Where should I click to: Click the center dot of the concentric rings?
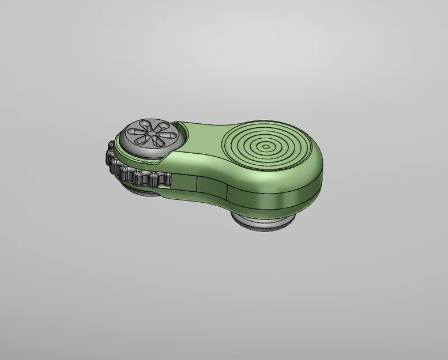(265, 146)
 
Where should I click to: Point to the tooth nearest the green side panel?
(164, 180)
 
